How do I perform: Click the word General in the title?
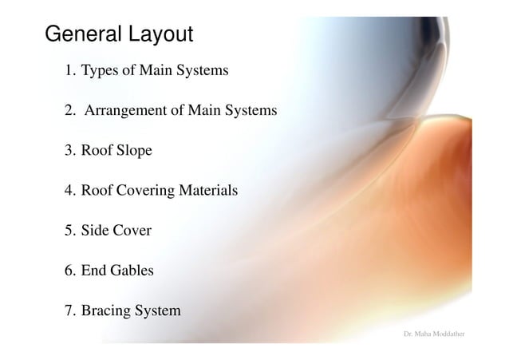[x=81, y=35]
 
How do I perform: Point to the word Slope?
[x=134, y=151]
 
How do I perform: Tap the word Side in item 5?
[x=95, y=231]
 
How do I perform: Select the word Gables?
[x=132, y=271]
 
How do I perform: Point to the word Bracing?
[x=106, y=311]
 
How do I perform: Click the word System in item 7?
[x=159, y=311]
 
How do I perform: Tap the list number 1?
[x=69, y=71]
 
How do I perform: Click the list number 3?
[x=69, y=151]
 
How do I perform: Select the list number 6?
[x=69, y=271]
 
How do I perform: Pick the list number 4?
[x=69, y=191]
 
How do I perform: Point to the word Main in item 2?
[x=203, y=111]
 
